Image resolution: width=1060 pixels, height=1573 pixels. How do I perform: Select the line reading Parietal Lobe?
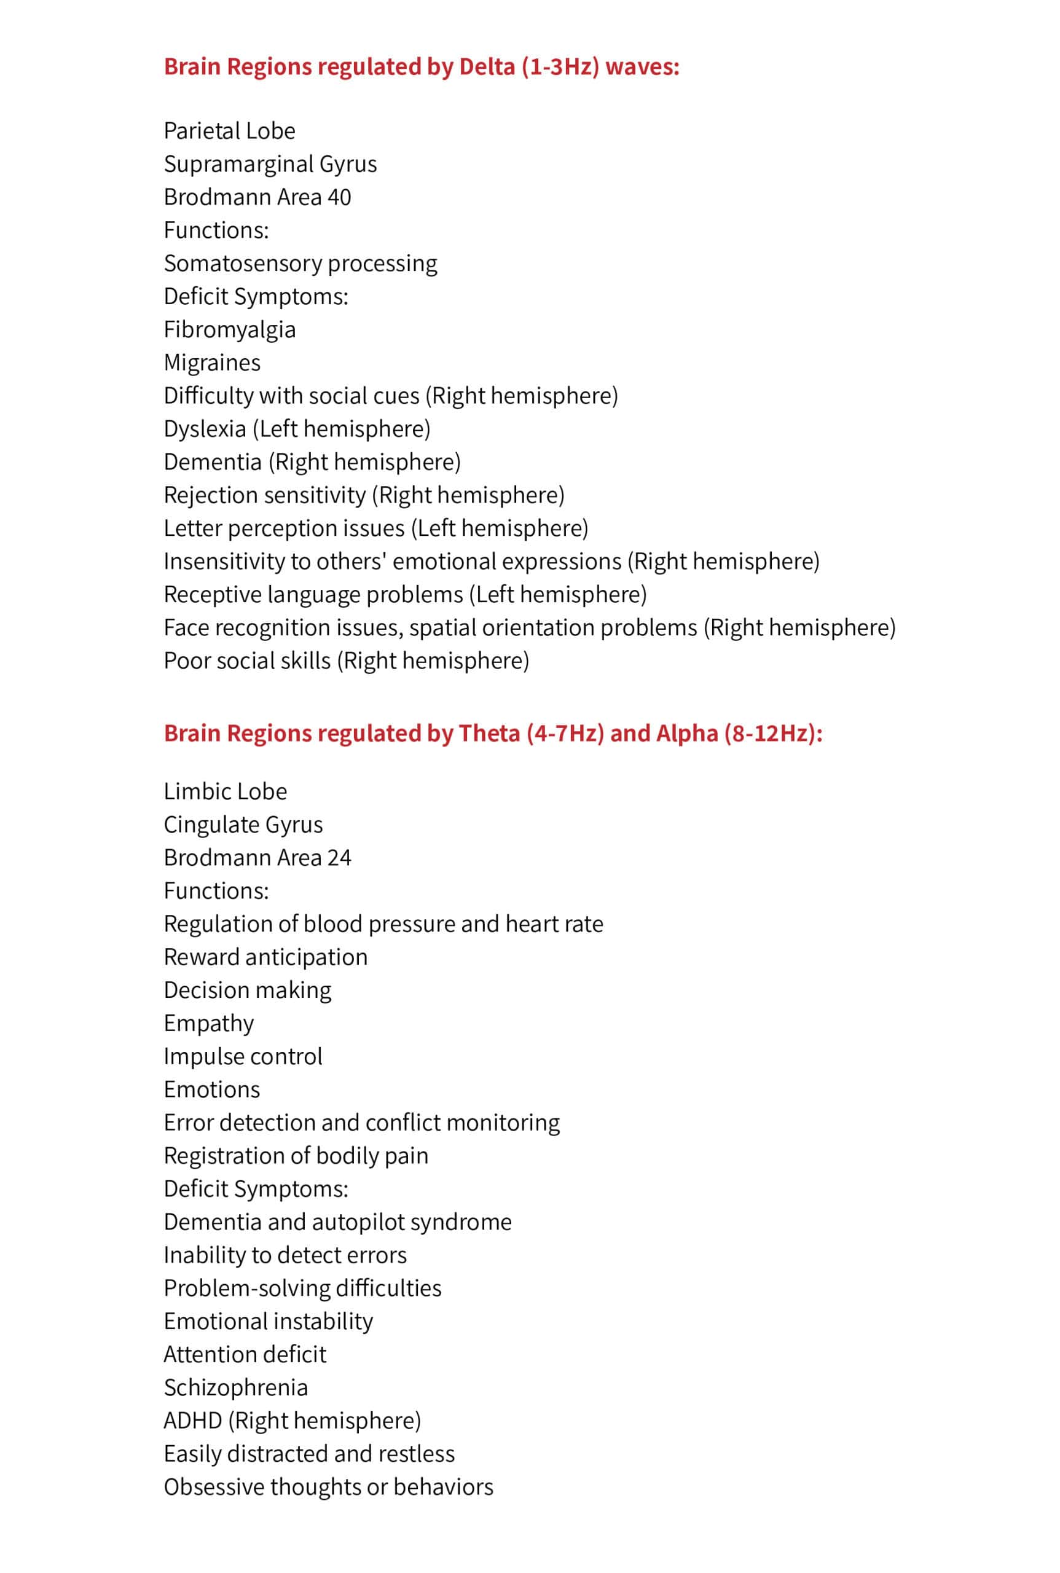[x=229, y=130]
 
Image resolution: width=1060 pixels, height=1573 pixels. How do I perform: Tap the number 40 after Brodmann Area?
[x=339, y=197]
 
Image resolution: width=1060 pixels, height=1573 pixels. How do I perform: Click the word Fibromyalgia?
[x=229, y=329]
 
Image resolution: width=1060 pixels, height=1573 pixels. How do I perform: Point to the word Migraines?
[x=211, y=363]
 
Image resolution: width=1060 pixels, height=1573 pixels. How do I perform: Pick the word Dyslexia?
[x=204, y=428]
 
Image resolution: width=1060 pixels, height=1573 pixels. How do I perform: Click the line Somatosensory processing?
[x=300, y=263]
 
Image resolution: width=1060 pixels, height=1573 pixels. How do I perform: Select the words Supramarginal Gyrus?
[x=270, y=163]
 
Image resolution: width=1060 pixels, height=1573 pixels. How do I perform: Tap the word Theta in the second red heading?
[x=489, y=733]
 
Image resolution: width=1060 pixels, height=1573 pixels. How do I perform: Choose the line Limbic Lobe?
[x=225, y=791]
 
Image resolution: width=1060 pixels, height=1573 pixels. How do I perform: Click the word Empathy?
[x=208, y=1022]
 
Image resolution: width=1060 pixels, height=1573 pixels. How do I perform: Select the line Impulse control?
[x=243, y=1056]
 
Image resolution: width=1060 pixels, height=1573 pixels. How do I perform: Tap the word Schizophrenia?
[x=235, y=1387]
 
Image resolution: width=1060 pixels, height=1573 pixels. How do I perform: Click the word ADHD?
[x=193, y=1420]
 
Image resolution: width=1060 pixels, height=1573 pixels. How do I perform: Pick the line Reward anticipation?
[x=265, y=957]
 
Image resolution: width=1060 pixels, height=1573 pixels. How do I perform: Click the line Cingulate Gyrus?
[x=243, y=824]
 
